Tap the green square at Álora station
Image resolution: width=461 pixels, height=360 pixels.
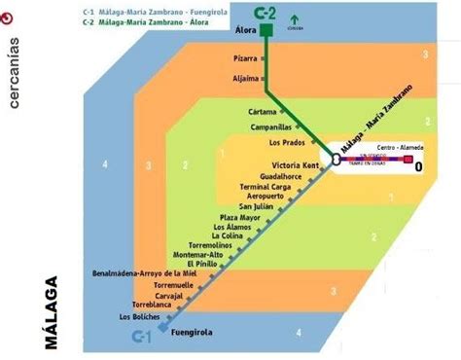[265, 32]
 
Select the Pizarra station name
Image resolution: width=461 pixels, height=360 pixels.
[245, 58]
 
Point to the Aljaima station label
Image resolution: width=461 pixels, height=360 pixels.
[245, 78]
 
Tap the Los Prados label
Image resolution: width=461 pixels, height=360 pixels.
[283, 144]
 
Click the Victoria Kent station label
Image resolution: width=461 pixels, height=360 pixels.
[295, 164]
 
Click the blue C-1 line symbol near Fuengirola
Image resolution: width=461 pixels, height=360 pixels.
[142, 337]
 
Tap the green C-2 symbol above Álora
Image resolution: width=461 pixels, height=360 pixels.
[265, 12]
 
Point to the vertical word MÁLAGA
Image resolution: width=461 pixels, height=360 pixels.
[51, 315]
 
